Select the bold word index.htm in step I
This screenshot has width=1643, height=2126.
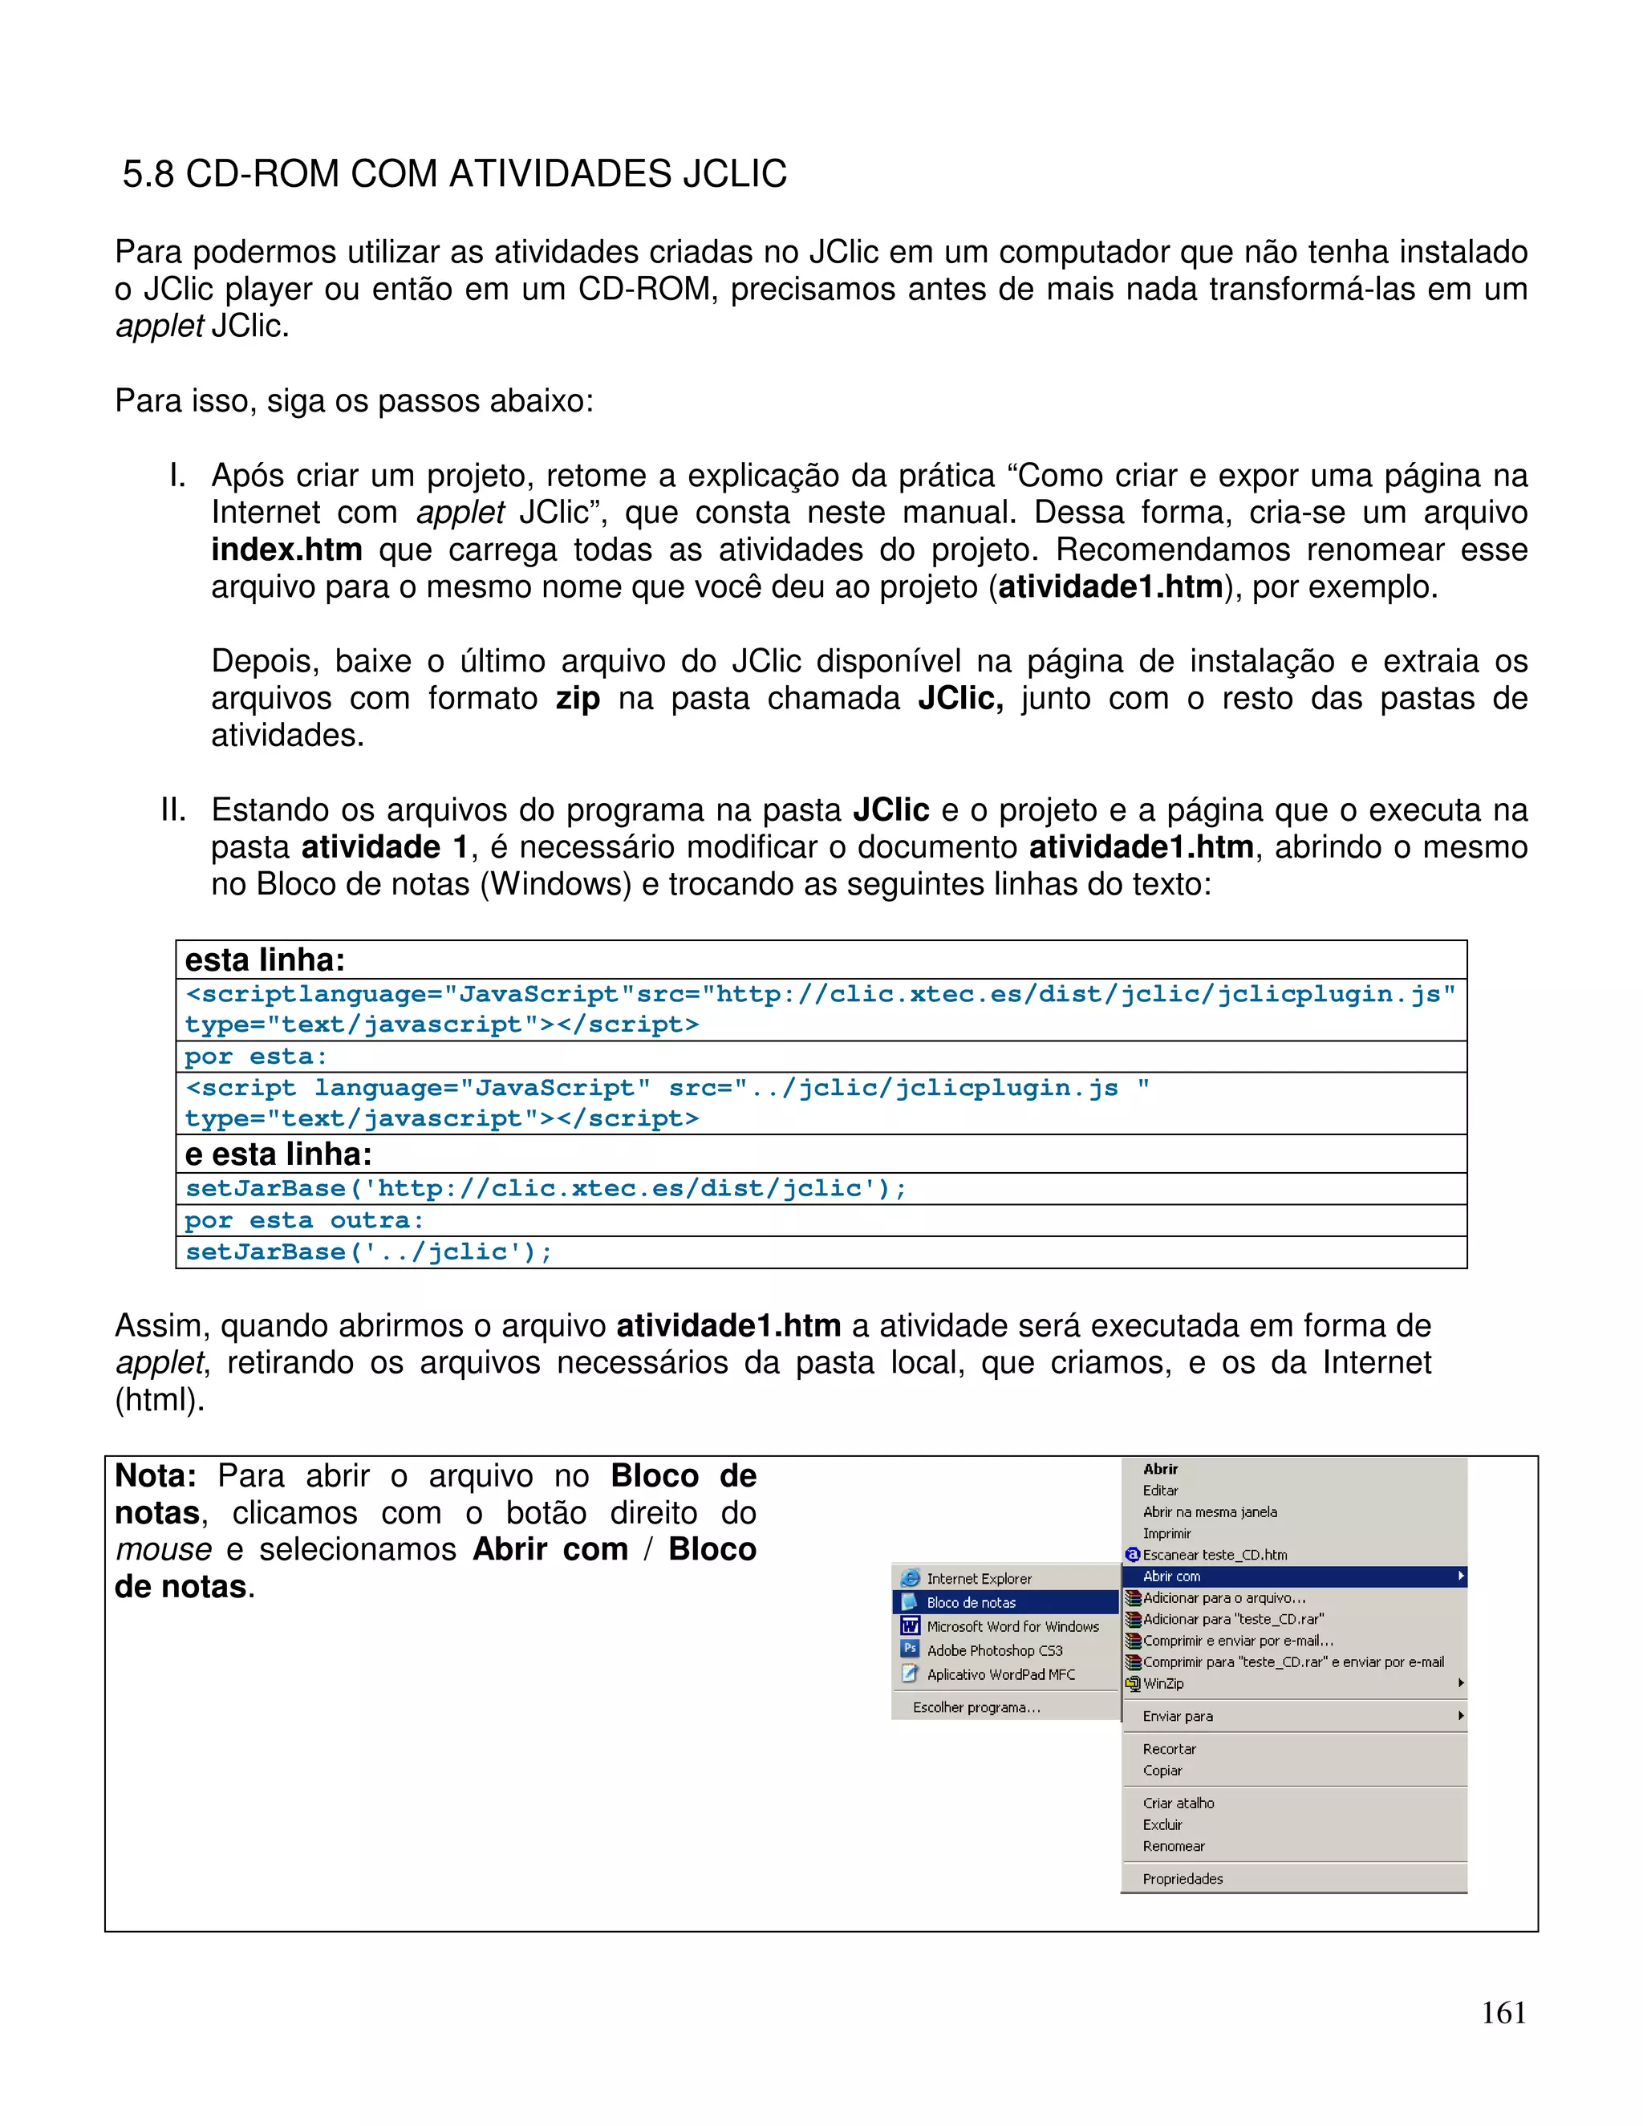(x=286, y=550)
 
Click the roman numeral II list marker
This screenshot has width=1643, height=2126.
(x=173, y=810)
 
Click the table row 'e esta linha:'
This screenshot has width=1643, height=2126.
(x=278, y=1154)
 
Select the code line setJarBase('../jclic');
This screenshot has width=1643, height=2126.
(x=369, y=1252)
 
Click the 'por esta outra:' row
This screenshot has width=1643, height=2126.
(x=304, y=1221)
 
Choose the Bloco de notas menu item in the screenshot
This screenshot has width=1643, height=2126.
(x=971, y=1602)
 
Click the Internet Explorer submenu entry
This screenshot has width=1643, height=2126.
(x=978, y=1579)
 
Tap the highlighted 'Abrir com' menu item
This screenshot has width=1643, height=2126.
(x=1171, y=1576)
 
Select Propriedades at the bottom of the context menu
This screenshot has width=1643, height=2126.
(x=1183, y=1879)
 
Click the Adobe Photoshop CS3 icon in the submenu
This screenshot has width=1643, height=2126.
(x=910, y=1649)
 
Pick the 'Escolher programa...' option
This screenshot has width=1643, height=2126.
(x=976, y=1707)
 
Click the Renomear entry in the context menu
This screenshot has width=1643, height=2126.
(x=1173, y=1846)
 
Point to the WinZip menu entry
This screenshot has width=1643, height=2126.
(x=1163, y=1683)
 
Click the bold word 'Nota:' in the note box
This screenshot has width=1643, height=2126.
(x=156, y=1475)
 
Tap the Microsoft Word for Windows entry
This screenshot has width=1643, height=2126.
(x=1012, y=1627)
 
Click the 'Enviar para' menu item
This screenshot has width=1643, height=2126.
(x=1177, y=1716)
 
